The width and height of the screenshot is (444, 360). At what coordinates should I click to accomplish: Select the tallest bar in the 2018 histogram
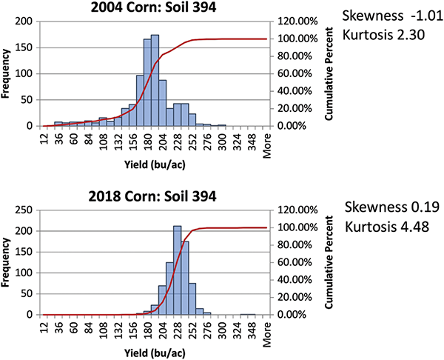pos(177,270)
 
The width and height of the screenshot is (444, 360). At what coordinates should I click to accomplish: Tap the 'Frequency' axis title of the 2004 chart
pos(7,74)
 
